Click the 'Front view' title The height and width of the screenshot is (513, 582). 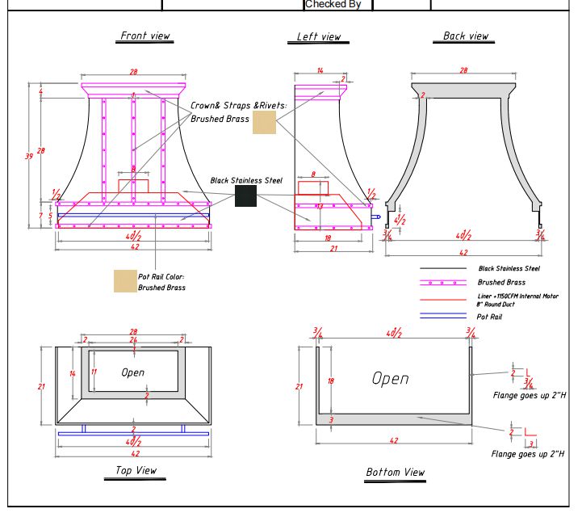[145, 36]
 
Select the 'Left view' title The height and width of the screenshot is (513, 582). [319, 37]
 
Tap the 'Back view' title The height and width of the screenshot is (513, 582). [466, 36]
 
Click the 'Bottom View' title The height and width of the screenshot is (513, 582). [395, 473]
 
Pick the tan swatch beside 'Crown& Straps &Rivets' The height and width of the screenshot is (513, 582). [264, 122]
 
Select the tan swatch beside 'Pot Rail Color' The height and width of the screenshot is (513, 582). [125, 280]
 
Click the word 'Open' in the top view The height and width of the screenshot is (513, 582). [133, 372]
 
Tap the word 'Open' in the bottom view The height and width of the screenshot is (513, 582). [390, 378]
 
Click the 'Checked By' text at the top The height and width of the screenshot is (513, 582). [333, 5]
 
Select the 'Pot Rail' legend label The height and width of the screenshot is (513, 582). [490, 317]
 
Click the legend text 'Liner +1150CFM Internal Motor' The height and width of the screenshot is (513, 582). [517, 296]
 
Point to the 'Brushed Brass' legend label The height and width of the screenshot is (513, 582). [501, 283]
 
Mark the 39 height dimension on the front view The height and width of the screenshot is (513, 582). [30, 156]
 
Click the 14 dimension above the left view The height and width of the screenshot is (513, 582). [320, 72]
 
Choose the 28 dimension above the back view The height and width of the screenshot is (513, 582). [463, 71]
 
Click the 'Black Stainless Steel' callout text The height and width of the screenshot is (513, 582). [246, 181]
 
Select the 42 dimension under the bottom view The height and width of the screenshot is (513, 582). [394, 441]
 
